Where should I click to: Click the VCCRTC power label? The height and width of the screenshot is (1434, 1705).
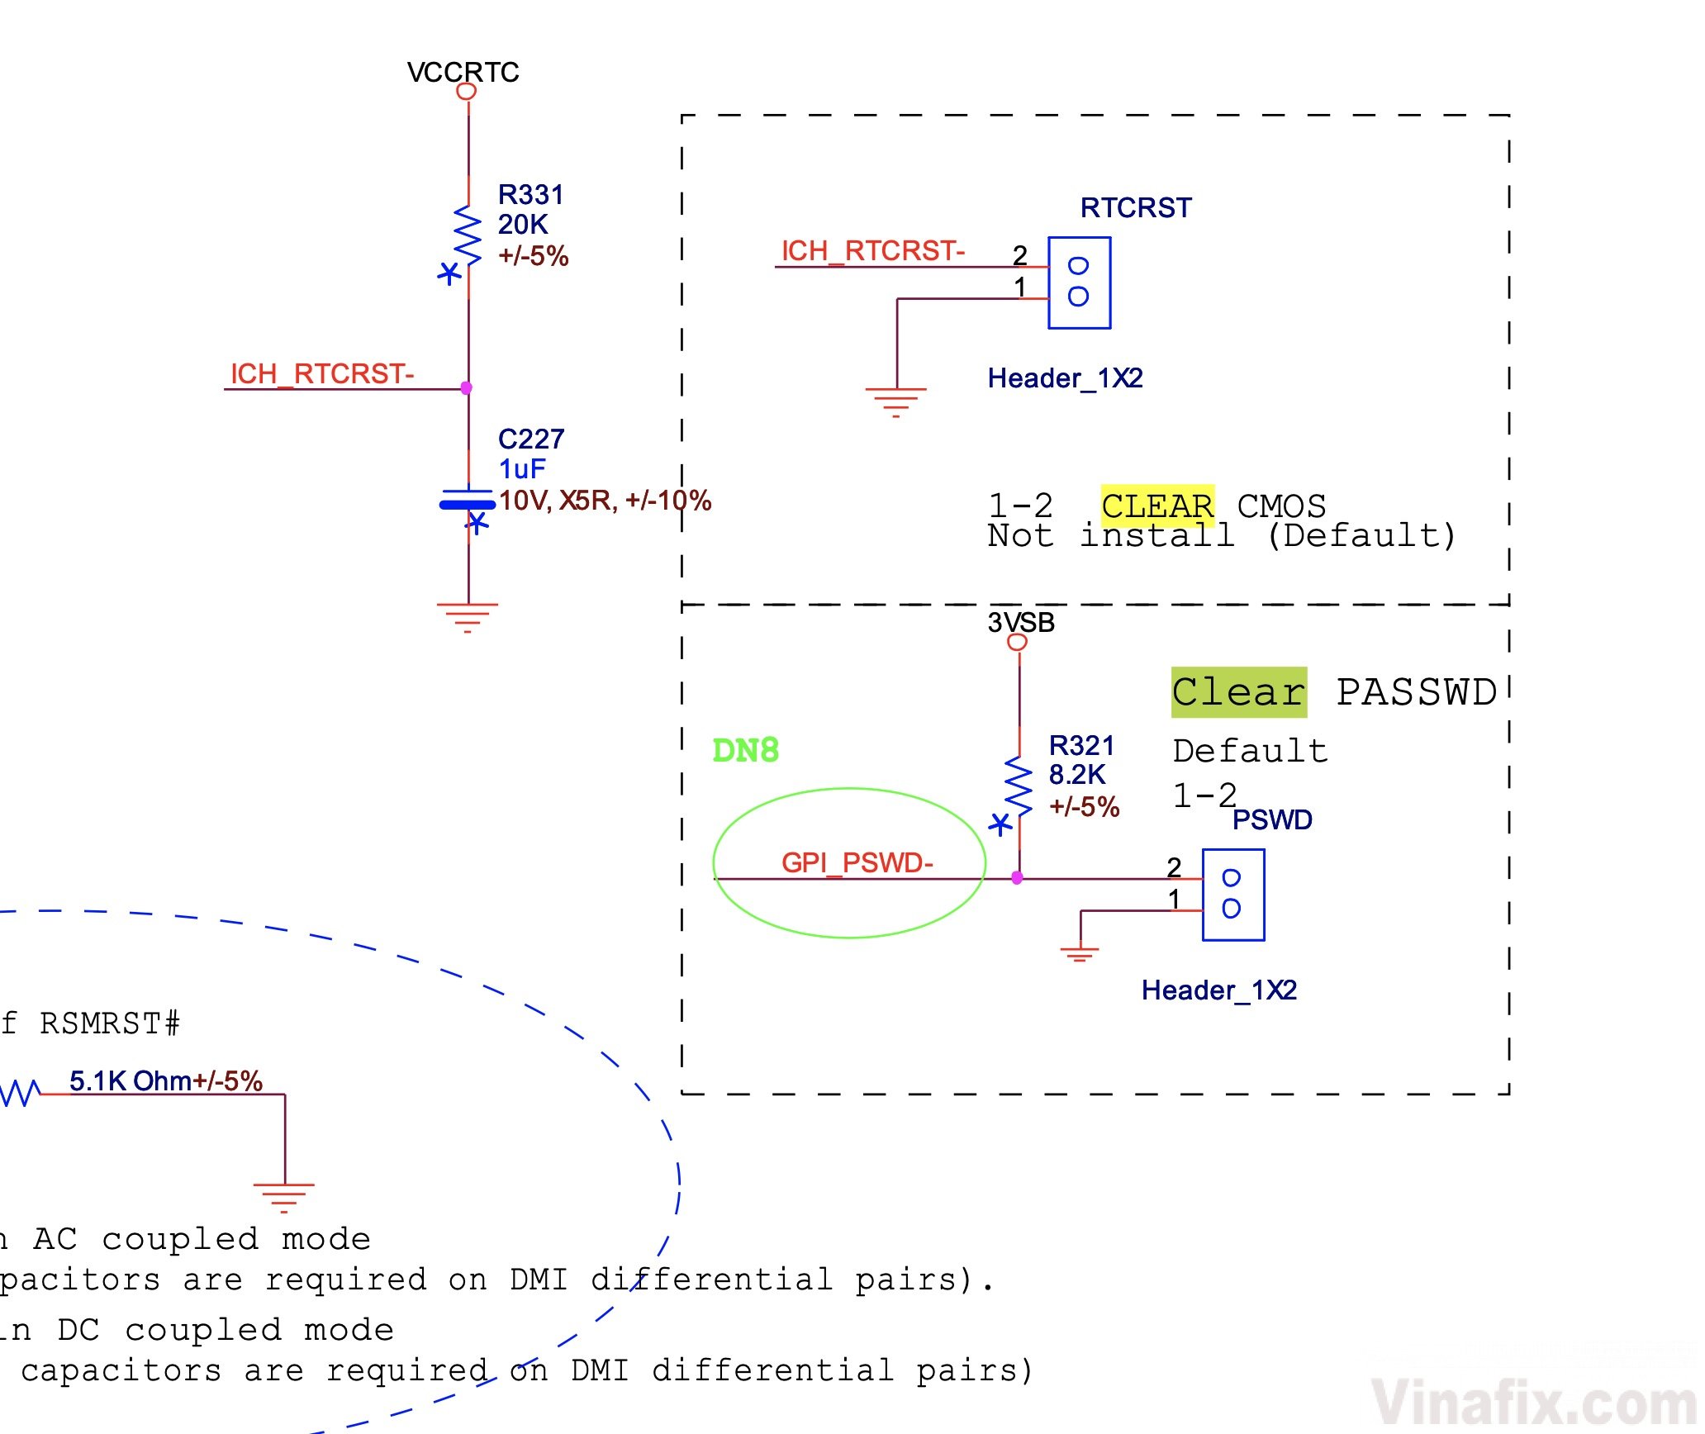pos(463,73)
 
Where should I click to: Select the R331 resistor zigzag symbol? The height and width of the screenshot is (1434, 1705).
pos(468,235)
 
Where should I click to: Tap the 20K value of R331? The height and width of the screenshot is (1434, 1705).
pos(522,225)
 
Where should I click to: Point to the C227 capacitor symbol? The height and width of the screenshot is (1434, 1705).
pos(468,501)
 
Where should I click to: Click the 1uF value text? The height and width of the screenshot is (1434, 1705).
pos(521,469)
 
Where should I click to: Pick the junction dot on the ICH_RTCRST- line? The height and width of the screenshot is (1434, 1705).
pos(467,388)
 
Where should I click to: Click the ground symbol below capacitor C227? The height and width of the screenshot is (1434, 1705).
pos(468,616)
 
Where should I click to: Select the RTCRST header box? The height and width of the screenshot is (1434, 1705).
pos(1079,283)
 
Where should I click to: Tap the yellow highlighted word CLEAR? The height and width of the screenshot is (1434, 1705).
pos(1156,506)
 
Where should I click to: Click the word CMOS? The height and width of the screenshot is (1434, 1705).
pos(1280,506)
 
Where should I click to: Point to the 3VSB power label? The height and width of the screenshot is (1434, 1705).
pos(1021,623)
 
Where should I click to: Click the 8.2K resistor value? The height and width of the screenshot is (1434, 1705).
pos(1076,775)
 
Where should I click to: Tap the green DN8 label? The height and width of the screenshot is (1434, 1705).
pos(745,750)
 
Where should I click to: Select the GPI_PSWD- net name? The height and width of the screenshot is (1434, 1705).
pos(857,862)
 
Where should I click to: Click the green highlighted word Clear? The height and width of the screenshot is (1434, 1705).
pos(1238,692)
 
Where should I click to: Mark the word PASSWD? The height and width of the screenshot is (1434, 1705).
pos(1416,692)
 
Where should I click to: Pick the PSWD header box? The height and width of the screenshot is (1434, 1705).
pos(1232,895)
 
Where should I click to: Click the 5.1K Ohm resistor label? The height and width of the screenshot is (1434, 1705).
pos(165,1080)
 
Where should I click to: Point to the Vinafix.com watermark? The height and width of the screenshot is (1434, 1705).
pos(1533,1403)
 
